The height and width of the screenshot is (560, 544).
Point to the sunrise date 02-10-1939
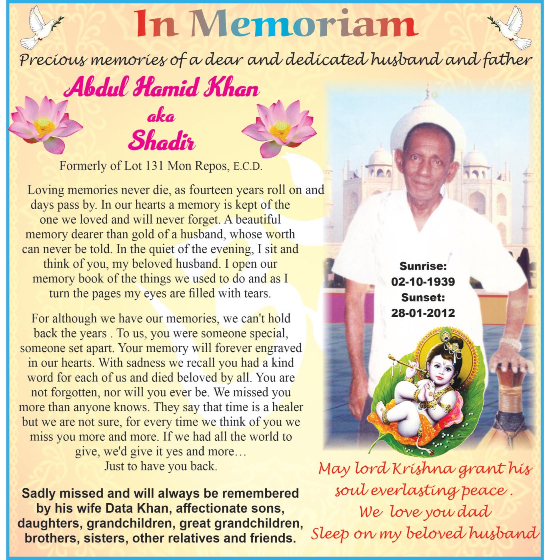pyautogui.click(x=423, y=282)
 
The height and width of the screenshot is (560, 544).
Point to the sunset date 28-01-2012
pyautogui.click(x=423, y=312)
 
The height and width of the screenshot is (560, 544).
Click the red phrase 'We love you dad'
pyautogui.click(x=425, y=512)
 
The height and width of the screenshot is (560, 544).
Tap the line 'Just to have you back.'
pyautogui.click(x=161, y=466)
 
